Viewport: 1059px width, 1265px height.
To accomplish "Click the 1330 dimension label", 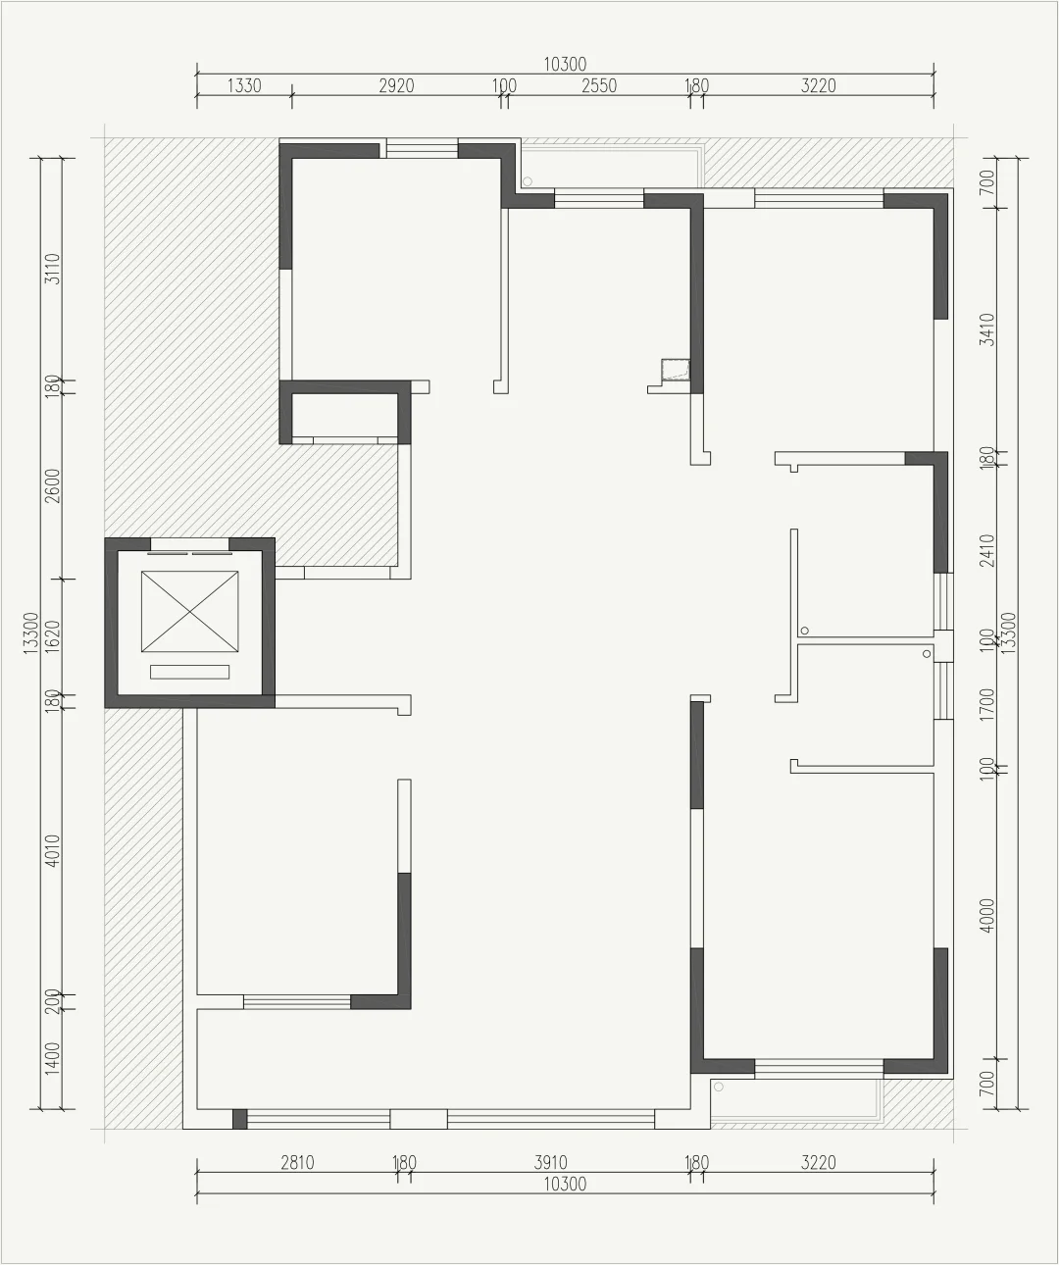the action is click(244, 86).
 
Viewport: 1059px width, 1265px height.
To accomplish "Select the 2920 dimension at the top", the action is click(396, 86).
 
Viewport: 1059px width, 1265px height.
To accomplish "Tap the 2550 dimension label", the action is click(598, 86).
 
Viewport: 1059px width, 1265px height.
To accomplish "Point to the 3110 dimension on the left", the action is click(53, 269).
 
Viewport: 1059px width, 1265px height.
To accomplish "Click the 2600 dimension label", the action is click(53, 485).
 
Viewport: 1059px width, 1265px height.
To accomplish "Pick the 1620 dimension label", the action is click(53, 635).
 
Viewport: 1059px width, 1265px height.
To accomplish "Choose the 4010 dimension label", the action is click(53, 850).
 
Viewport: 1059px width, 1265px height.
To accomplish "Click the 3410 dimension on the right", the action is click(986, 329).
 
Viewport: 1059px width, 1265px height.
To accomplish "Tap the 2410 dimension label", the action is click(986, 550).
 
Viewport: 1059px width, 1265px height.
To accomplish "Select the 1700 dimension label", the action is click(986, 704).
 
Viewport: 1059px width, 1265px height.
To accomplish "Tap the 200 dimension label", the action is click(53, 1001).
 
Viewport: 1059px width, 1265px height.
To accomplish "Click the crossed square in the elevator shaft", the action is click(189, 612).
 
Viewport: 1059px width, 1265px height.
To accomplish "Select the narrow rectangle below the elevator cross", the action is click(189, 672).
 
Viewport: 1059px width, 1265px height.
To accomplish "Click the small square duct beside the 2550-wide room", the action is click(676, 369).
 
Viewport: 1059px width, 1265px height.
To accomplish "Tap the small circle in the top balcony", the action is click(528, 181).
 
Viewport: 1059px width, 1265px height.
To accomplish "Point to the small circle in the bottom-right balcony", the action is click(719, 1087).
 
